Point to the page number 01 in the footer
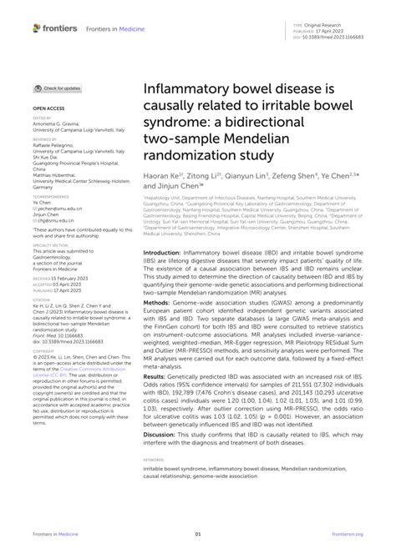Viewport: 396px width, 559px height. [198, 535]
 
